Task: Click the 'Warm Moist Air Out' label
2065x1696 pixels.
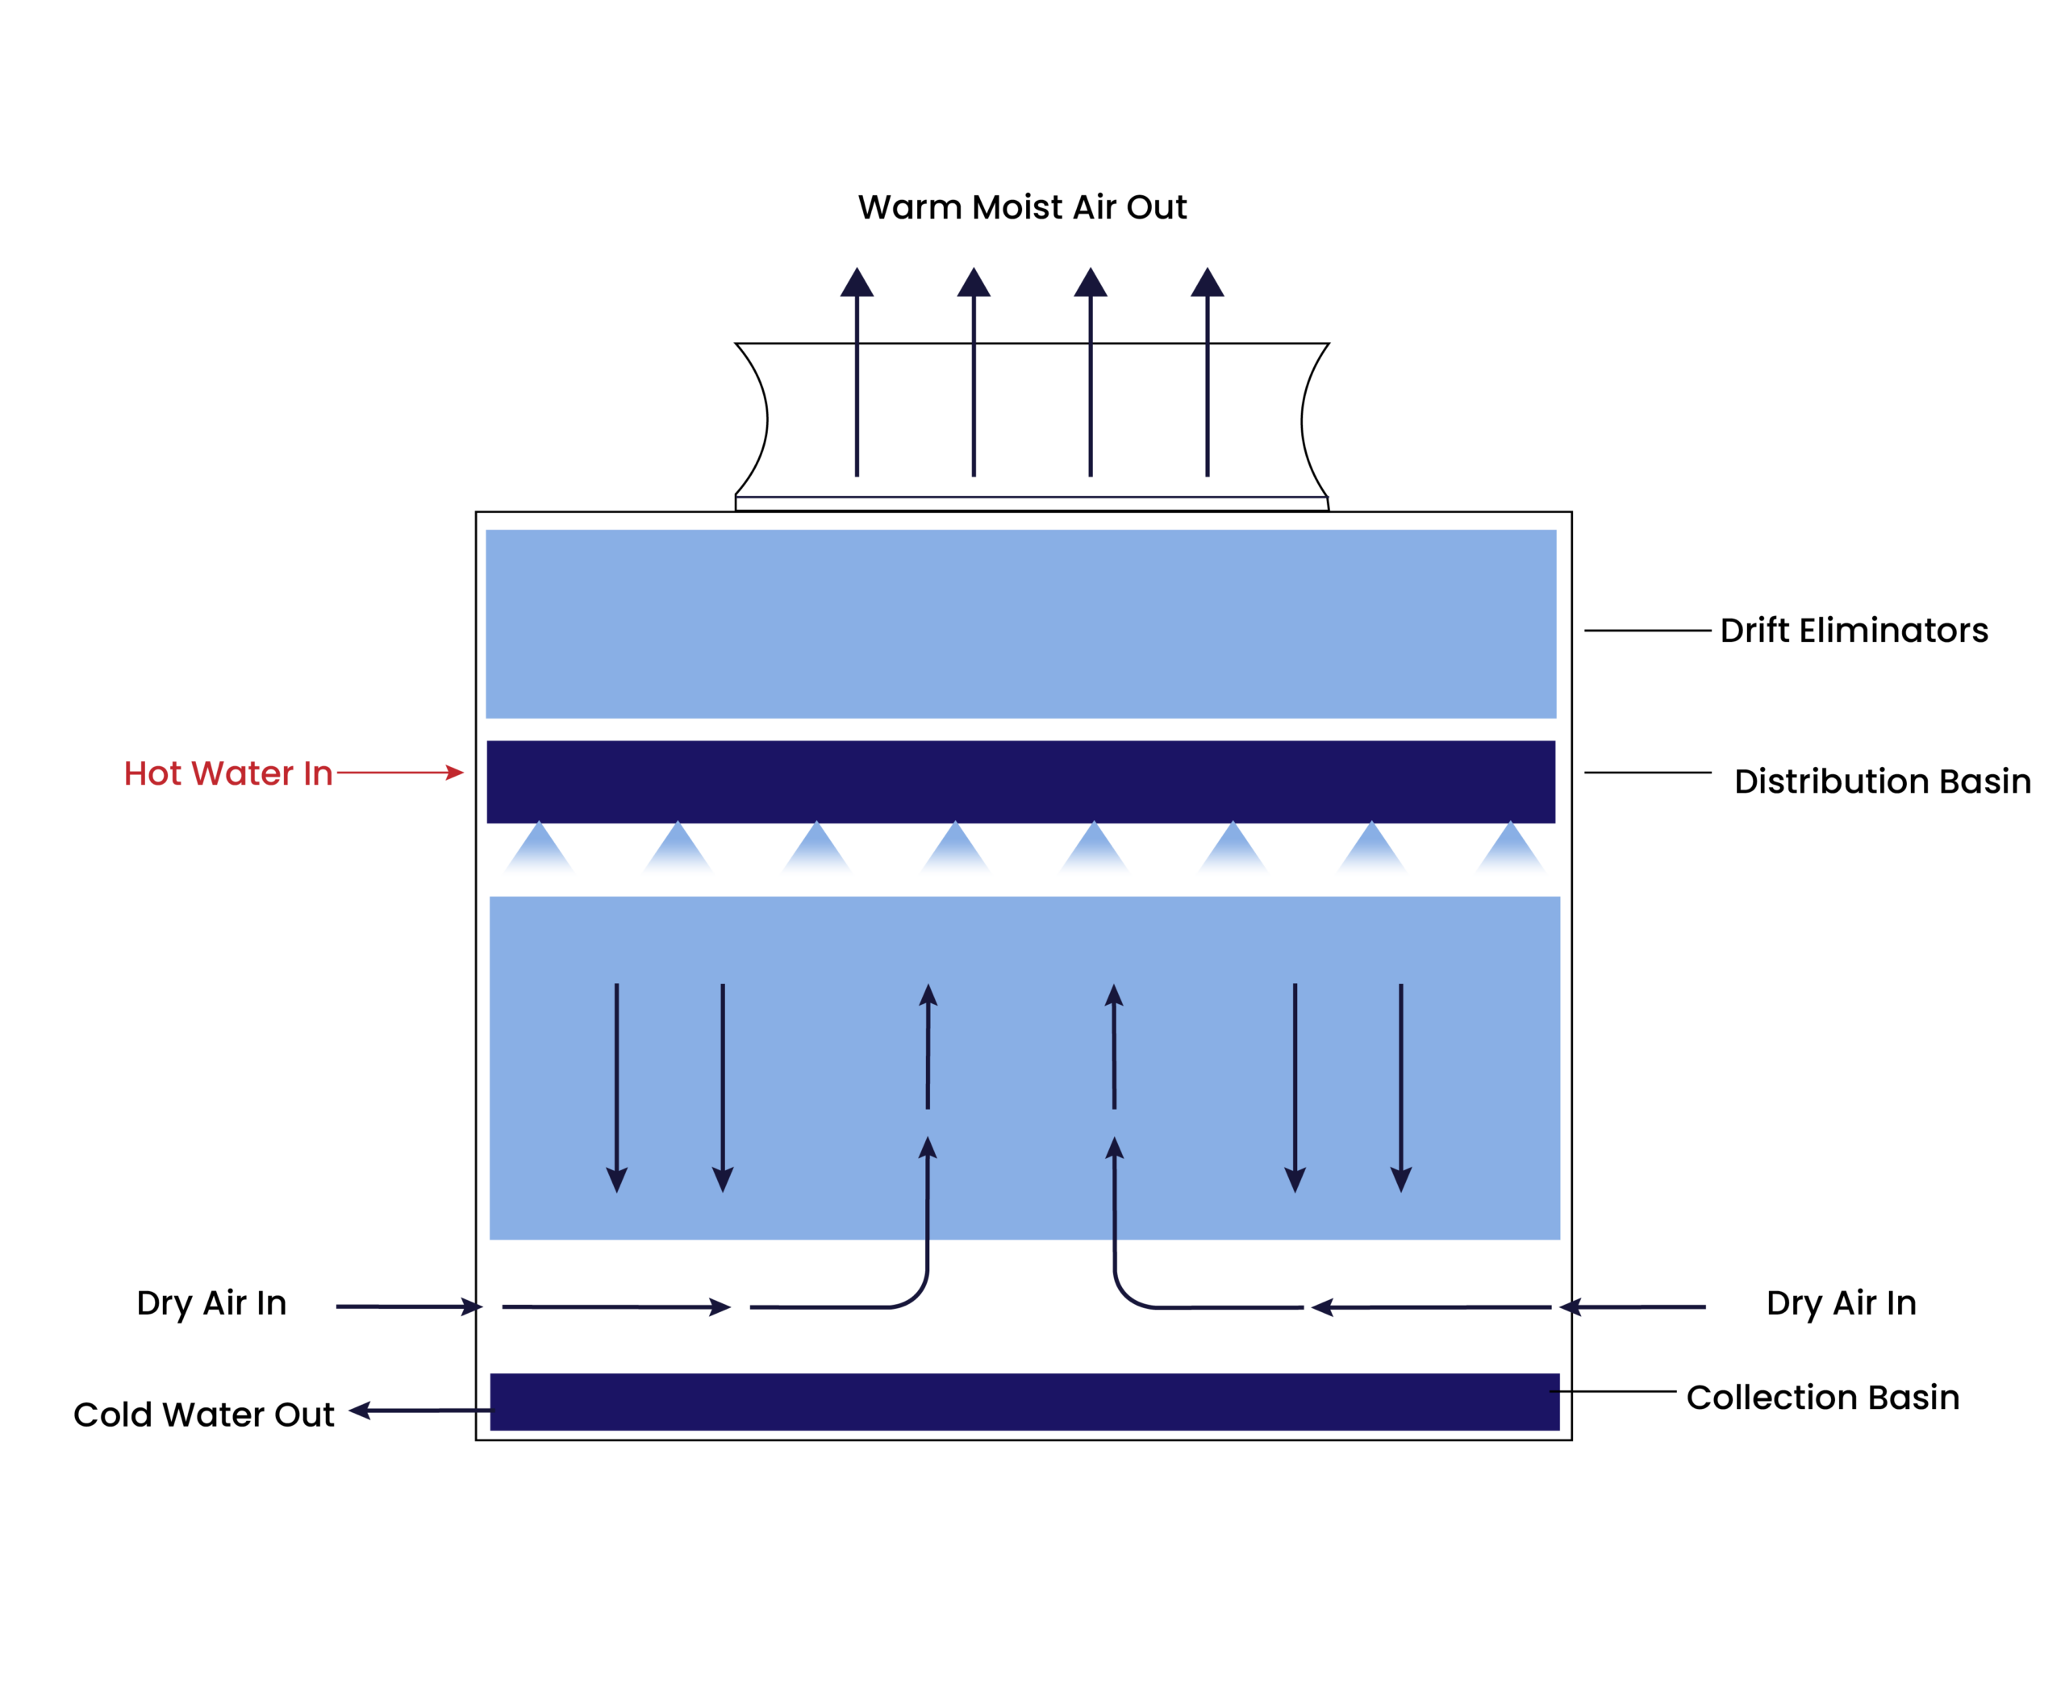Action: tap(1021, 207)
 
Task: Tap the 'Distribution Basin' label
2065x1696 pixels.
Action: tap(1881, 781)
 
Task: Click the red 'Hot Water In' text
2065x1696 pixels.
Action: tap(227, 773)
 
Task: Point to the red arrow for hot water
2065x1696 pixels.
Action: tap(400, 773)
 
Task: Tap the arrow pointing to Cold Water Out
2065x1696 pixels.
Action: tap(420, 1410)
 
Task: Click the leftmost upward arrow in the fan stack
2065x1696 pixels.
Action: tap(857, 371)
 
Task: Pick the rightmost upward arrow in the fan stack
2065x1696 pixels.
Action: tap(1207, 371)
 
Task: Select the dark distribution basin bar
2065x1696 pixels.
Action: tap(1020, 781)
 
